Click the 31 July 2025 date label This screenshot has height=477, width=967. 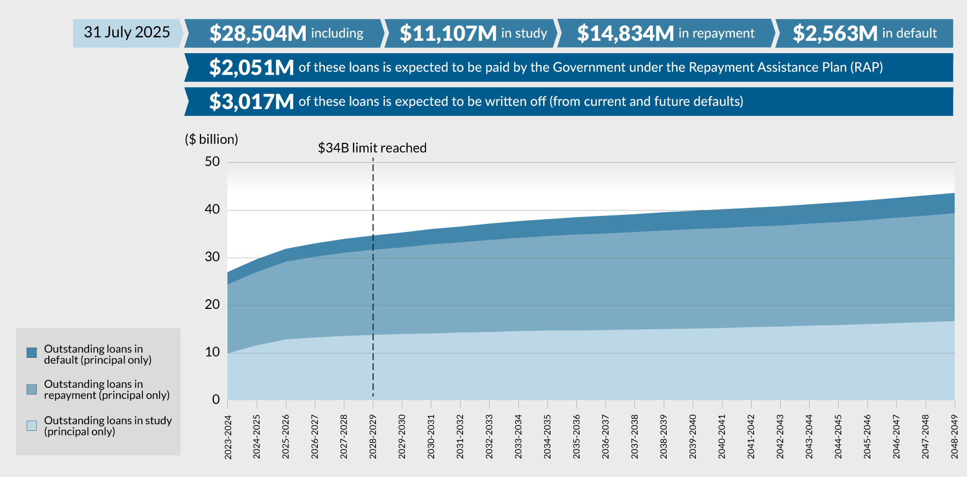tap(127, 33)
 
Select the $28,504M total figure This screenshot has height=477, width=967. tap(258, 33)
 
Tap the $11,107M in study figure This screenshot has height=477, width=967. tap(448, 33)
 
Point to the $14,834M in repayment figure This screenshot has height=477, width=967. tap(625, 33)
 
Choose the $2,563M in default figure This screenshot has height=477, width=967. tap(835, 33)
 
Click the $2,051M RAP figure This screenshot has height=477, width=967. tap(251, 68)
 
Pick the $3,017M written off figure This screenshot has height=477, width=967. tap(251, 102)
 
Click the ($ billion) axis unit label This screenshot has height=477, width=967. tap(211, 140)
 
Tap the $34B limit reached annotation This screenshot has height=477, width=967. tap(372, 148)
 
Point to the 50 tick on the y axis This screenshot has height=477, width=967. tap(212, 162)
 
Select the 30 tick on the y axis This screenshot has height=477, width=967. tap(212, 257)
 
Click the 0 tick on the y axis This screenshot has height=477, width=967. tap(216, 400)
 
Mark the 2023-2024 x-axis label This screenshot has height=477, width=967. tap(228, 437)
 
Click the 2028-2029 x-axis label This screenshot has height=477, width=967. tap(373, 437)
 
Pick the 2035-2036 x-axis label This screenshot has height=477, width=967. tap(576, 437)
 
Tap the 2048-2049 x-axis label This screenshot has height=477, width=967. tap(955, 437)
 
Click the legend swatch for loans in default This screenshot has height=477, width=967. tap(32, 353)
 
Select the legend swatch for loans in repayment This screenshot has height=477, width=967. tap(32, 389)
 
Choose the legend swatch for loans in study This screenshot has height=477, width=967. tap(32, 426)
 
